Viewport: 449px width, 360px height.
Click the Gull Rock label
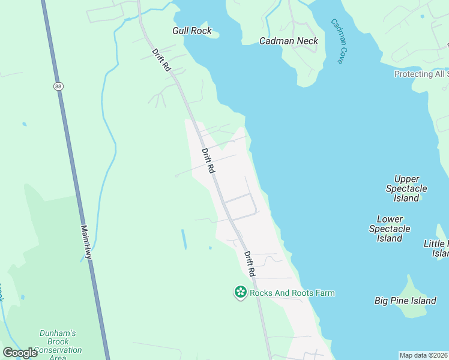point(192,31)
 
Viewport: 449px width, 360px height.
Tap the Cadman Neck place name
point(288,41)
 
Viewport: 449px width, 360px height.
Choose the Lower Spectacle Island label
point(390,229)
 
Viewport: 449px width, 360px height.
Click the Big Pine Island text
point(405,300)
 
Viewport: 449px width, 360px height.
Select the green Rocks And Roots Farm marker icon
point(241,292)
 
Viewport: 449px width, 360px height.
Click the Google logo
point(20,353)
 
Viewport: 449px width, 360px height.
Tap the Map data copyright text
point(423,355)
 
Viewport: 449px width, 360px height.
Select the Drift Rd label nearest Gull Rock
point(161,61)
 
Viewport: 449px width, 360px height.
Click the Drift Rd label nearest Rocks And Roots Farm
point(250,263)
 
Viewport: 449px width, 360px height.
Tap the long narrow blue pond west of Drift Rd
point(184,239)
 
